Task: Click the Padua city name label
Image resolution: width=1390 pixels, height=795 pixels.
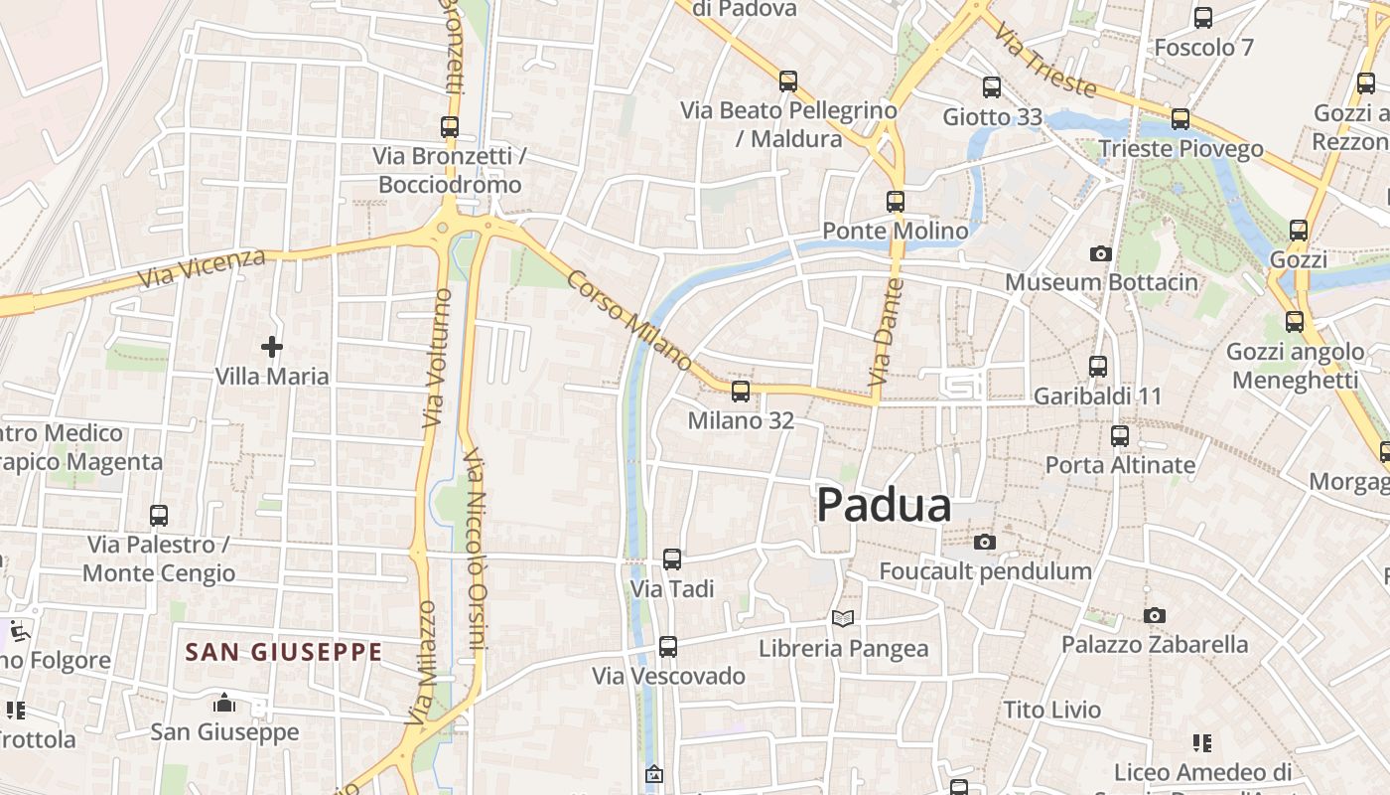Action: (884, 505)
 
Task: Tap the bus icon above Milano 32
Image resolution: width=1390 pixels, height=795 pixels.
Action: (741, 392)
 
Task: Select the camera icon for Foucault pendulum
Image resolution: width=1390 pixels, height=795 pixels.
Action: (985, 542)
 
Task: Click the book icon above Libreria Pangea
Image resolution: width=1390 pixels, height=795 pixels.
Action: (843, 618)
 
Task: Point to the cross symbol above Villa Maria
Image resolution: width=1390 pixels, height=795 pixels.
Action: (272, 347)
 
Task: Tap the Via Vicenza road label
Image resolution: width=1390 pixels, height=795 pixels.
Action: (203, 269)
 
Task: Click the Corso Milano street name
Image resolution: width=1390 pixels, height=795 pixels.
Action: (629, 320)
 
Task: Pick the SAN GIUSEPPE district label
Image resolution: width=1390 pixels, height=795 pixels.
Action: (284, 652)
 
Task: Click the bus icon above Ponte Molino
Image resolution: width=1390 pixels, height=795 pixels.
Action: (896, 202)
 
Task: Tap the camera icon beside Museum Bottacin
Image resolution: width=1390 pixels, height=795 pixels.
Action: (1100, 253)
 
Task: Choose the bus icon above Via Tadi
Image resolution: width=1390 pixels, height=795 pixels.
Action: (672, 559)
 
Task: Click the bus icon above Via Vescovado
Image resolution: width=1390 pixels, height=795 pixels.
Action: (668, 647)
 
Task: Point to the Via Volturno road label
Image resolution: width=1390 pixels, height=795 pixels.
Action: (436, 357)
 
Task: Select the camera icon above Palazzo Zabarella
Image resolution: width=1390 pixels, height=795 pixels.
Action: (1154, 616)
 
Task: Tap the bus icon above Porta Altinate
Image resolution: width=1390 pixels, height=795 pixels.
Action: (1120, 436)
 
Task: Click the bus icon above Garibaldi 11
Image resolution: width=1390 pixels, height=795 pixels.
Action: (1098, 367)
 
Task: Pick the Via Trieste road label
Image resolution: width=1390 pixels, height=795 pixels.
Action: (1044, 62)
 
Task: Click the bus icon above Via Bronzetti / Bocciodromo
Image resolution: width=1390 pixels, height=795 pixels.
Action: (450, 127)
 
